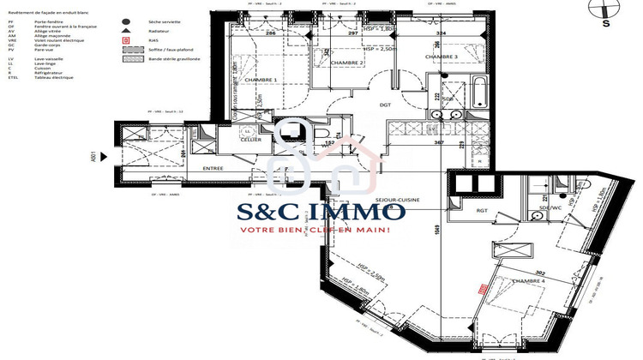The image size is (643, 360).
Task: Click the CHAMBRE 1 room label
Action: pyautogui.click(x=261, y=80)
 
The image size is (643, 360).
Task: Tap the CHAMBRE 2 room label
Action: pyautogui.click(x=326, y=63)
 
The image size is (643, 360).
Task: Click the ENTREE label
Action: pyautogui.click(x=213, y=169)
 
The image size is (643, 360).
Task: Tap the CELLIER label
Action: pyautogui.click(x=250, y=139)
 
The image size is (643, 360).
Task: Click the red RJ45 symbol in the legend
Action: pyautogui.click(x=127, y=40)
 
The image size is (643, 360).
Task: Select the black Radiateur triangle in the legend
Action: pyautogui.click(x=127, y=30)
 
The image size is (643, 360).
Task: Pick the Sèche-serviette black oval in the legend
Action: pyautogui.click(x=127, y=21)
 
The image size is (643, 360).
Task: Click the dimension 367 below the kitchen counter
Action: pyautogui.click(x=437, y=142)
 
